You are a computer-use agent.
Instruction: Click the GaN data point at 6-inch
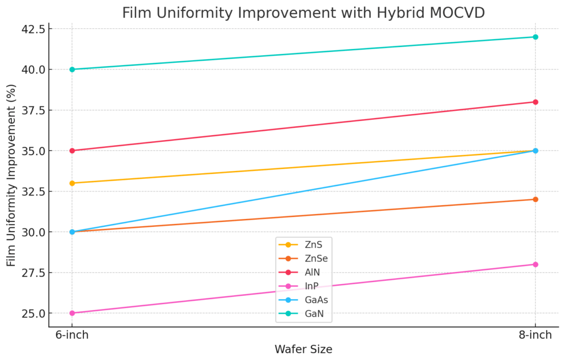(x=72, y=69)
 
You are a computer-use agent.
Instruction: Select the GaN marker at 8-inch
(x=535, y=37)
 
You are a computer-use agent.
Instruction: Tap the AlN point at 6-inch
(x=72, y=151)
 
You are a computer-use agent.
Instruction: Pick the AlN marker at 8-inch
(x=535, y=102)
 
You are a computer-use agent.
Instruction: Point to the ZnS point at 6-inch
(x=72, y=183)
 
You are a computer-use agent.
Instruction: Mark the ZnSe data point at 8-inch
(x=535, y=199)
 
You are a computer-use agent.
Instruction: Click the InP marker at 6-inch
(x=72, y=313)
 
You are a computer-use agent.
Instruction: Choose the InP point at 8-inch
(x=535, y=264)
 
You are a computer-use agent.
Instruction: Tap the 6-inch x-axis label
(x=72, y=336)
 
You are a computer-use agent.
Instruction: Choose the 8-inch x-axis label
(x=535, y=336)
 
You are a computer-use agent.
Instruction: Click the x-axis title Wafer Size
(x=303, y=349)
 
